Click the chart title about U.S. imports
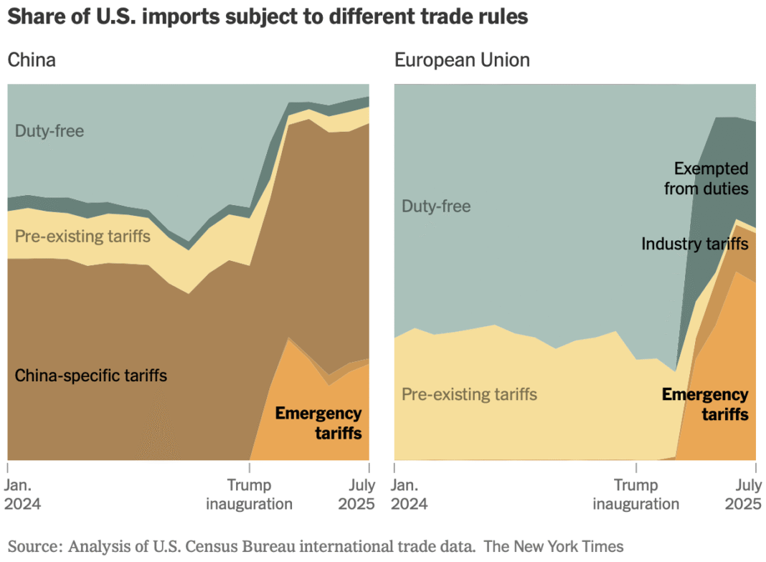point(268,17)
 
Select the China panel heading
point(32,59)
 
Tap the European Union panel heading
point(462,59)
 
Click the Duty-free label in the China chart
point(49,131)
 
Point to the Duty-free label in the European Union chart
point(436,206)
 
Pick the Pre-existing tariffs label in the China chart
point(82,235)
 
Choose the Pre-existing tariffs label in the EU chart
point(469,394)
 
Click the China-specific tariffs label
point(91,375)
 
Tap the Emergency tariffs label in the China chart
point(318,423)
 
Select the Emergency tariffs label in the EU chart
point(705,404)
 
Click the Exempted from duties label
point(706,178)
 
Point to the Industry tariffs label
point(694,244)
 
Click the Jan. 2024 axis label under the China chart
point(23,494)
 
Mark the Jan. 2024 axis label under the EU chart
point(410,494)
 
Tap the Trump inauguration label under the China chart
point(249,494)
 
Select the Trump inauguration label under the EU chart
point(635,494)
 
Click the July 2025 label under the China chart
point(356,494)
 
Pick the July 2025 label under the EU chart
point(743,494)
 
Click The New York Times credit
point(554,546)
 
